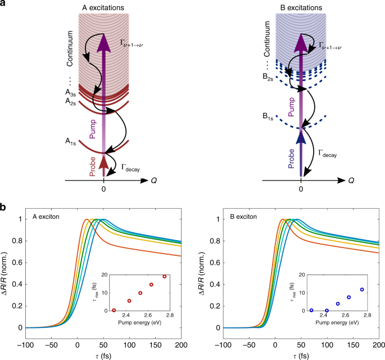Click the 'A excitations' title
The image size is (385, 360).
[103, 7]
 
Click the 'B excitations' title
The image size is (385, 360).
[301, 7]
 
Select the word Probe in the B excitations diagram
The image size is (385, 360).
[291, 158]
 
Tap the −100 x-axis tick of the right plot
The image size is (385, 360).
[223, 336]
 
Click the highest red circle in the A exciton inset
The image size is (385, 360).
[164, 276]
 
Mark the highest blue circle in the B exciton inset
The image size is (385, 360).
[362, 290]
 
